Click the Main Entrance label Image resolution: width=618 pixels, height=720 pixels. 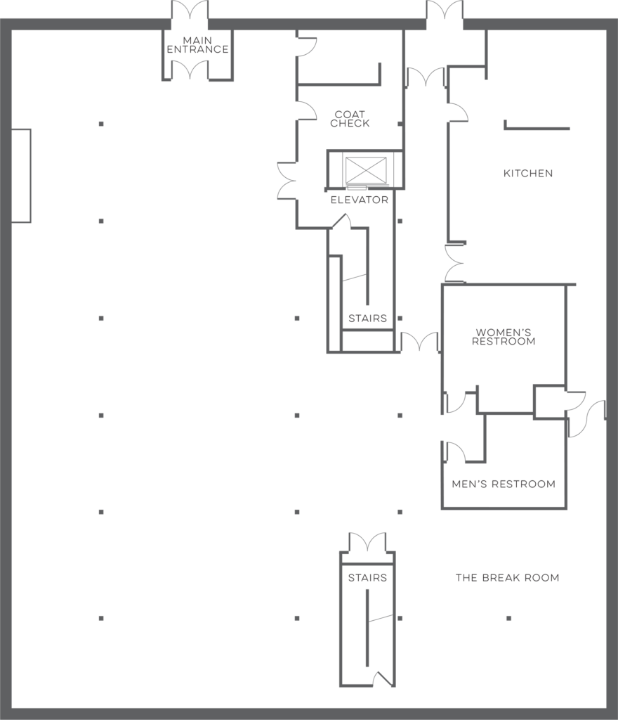[x=197, y=45]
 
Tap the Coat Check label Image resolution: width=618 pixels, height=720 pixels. [x=350, y=118]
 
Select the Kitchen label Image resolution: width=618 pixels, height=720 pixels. [x=528, y=173]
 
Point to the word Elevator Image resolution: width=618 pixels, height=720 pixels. [x=360, y=200]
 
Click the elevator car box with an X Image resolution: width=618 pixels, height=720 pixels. [x=366, y=170]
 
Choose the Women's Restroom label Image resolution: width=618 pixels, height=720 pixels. [x=504, y=337]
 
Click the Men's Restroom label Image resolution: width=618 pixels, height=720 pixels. [x=504, y=484]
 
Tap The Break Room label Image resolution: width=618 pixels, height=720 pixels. [x=508, y=578]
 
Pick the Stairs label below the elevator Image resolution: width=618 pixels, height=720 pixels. [x=368, y=319]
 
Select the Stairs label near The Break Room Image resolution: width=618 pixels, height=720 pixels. [x=367, y=578]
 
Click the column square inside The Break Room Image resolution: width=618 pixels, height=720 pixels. [x=509, y=619]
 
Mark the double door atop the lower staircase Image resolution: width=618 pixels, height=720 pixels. [x=367, y=542]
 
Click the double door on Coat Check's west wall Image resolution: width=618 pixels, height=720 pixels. [x=287, y=181]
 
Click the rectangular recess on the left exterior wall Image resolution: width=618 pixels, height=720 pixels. [x=21, y=176]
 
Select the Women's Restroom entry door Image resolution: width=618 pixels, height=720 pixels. [x=455, y=402]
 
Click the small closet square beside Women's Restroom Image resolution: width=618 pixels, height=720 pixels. [x=549, y=402]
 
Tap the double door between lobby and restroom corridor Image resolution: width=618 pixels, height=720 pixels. [x=419, y=342]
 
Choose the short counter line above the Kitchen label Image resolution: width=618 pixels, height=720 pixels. [x=537, y=127]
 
